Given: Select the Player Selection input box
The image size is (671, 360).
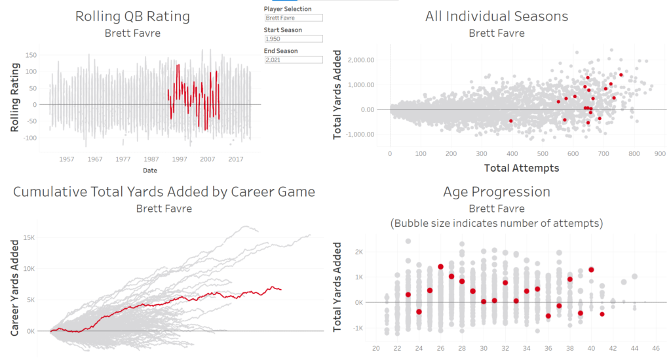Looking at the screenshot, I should coord(293,18).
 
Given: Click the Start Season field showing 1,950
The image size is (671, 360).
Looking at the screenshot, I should coord(293,39).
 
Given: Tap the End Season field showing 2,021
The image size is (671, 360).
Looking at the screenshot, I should coord(293,60).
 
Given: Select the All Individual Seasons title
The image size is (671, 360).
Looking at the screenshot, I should coord(497,16).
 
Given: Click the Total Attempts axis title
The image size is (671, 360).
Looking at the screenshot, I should coord(522,169).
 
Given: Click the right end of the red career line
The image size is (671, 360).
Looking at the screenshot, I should coord(281,289).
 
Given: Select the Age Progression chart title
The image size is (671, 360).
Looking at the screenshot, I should coord(497,192).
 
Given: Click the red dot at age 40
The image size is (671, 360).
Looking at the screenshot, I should coord(591,270).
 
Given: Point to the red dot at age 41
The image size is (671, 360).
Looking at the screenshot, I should coord(602,314).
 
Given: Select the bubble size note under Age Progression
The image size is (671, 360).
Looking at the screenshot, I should coord(496,224).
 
